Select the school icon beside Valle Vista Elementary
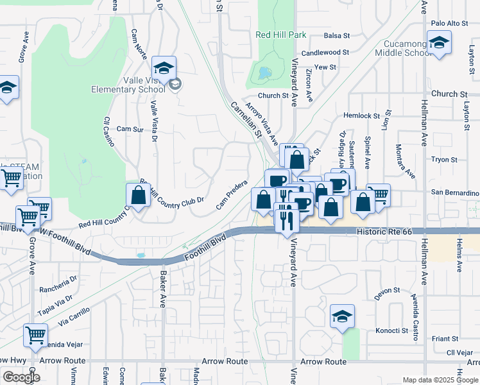pos(164,68)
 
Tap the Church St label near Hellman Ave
pos(449,94)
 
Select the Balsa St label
pos(336,36)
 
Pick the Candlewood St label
pos(325,53)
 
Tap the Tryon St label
pos(444,160)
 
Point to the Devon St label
pos(388,291)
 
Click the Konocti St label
pos(391,331)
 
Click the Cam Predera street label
pos(232,194)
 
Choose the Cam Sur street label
pos(130,129)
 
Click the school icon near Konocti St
pos(343,316)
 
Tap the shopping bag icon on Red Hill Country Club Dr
pos(139,193)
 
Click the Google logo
pos(21,377)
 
